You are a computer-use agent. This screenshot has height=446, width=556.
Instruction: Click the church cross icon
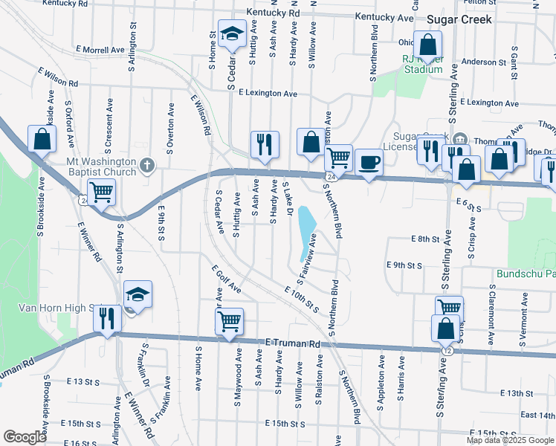[147, 165]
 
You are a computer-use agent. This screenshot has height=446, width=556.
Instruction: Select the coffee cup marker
[369, 161]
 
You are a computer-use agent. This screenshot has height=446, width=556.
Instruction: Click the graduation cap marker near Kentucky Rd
[233, 33]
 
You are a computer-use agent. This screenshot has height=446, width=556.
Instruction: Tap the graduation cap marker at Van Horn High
[138, 294]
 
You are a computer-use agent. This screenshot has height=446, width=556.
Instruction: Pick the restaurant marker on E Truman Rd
[107, 318]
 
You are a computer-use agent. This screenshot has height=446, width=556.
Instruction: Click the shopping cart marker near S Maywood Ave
[230, 321]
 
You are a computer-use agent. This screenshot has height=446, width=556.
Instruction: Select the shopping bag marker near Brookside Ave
[42, 138]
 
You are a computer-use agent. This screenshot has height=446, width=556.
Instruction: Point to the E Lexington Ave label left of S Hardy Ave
[268, 94]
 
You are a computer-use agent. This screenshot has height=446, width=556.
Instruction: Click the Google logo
[25, 437]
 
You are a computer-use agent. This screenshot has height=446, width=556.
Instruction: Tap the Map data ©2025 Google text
[508, 440]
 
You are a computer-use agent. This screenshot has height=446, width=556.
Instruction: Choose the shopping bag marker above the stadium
[428, 45]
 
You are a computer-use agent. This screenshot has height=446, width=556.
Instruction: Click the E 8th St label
[425, 239]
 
